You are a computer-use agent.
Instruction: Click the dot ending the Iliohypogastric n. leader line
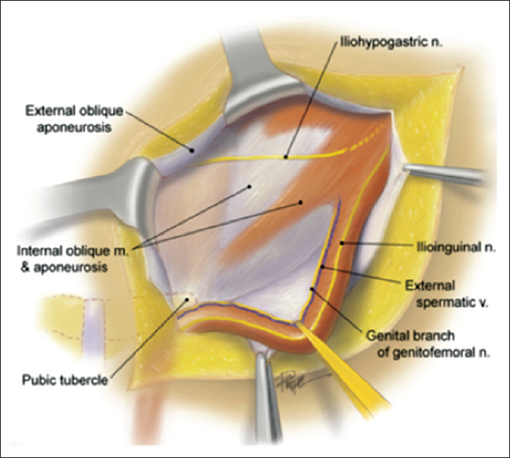(x=286, y=157)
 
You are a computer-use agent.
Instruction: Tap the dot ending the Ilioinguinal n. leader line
(x=343, y=245)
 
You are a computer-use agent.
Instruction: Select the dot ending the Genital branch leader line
(x=313, y=290)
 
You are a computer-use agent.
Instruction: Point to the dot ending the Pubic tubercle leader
(x=188, y=297)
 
